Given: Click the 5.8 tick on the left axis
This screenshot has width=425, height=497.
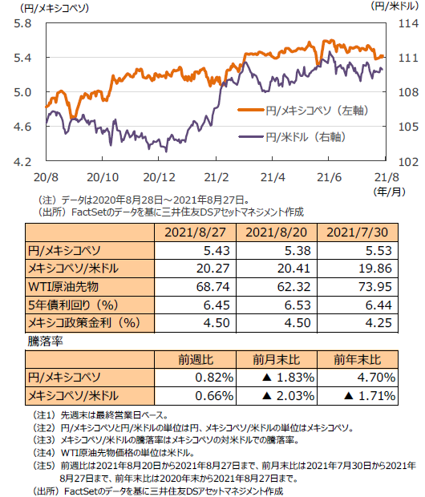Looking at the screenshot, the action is point(22,23).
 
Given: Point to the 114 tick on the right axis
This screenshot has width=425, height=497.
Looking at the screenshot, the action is point(408,23).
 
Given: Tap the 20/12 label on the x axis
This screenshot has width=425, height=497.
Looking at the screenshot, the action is point(159,177).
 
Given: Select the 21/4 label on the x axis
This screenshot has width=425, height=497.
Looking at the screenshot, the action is point(273,177).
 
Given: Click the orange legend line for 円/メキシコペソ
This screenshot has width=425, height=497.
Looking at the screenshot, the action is point(251,110).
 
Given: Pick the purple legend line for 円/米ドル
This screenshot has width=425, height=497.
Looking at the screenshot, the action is point(251,136).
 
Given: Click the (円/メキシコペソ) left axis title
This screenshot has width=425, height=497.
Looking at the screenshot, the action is point(55,7).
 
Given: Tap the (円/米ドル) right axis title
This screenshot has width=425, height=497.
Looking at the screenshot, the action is point(395,6).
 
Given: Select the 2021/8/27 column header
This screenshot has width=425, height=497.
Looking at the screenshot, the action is point(195,232).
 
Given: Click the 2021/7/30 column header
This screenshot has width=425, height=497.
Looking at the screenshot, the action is point(358,232).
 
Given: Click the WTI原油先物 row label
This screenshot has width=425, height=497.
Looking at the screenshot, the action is point(63,287).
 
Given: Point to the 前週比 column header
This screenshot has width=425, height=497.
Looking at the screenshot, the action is point(196,360).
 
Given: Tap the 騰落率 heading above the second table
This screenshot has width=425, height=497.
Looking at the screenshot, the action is point(46,341).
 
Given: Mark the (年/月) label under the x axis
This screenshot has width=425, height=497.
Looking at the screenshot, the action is point(389,192).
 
